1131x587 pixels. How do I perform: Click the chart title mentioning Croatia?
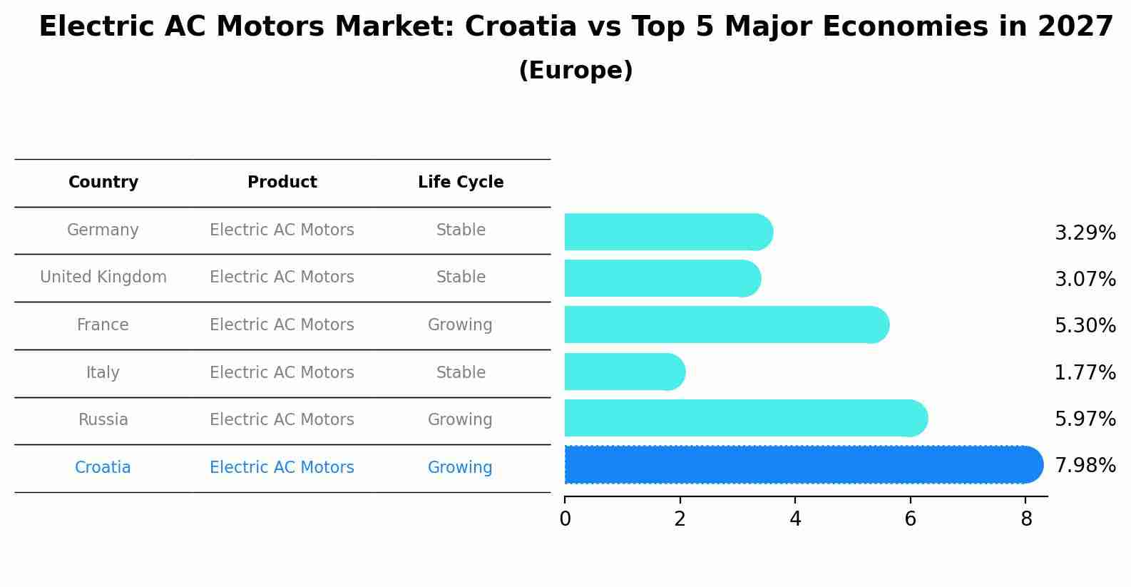click(575, 27)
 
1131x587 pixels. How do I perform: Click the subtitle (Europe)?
click(575, 71)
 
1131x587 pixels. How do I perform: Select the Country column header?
click(103, 183)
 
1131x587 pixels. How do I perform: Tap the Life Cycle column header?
click(461, 183)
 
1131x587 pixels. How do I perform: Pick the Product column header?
click(282, 183)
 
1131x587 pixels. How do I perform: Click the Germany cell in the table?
click(103, 230)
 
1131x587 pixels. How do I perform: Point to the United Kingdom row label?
click(103, 277)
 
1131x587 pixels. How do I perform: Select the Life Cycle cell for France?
click(460, 325)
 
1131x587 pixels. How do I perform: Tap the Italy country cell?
click(103, 373)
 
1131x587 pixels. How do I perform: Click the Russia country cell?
click(103, 420)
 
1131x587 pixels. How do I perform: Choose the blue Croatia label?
click(103, 468)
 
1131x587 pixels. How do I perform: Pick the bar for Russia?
click(742, 418)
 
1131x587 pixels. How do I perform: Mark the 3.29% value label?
click(1085, 233)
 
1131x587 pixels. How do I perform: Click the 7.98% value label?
click(1085, 466)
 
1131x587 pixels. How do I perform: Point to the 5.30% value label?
click(1085, 326)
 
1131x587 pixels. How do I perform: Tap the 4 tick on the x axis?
click(795, 519)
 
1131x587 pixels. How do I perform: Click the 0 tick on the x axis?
click(565, 519)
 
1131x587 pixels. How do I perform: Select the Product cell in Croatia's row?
click(282, 468)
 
